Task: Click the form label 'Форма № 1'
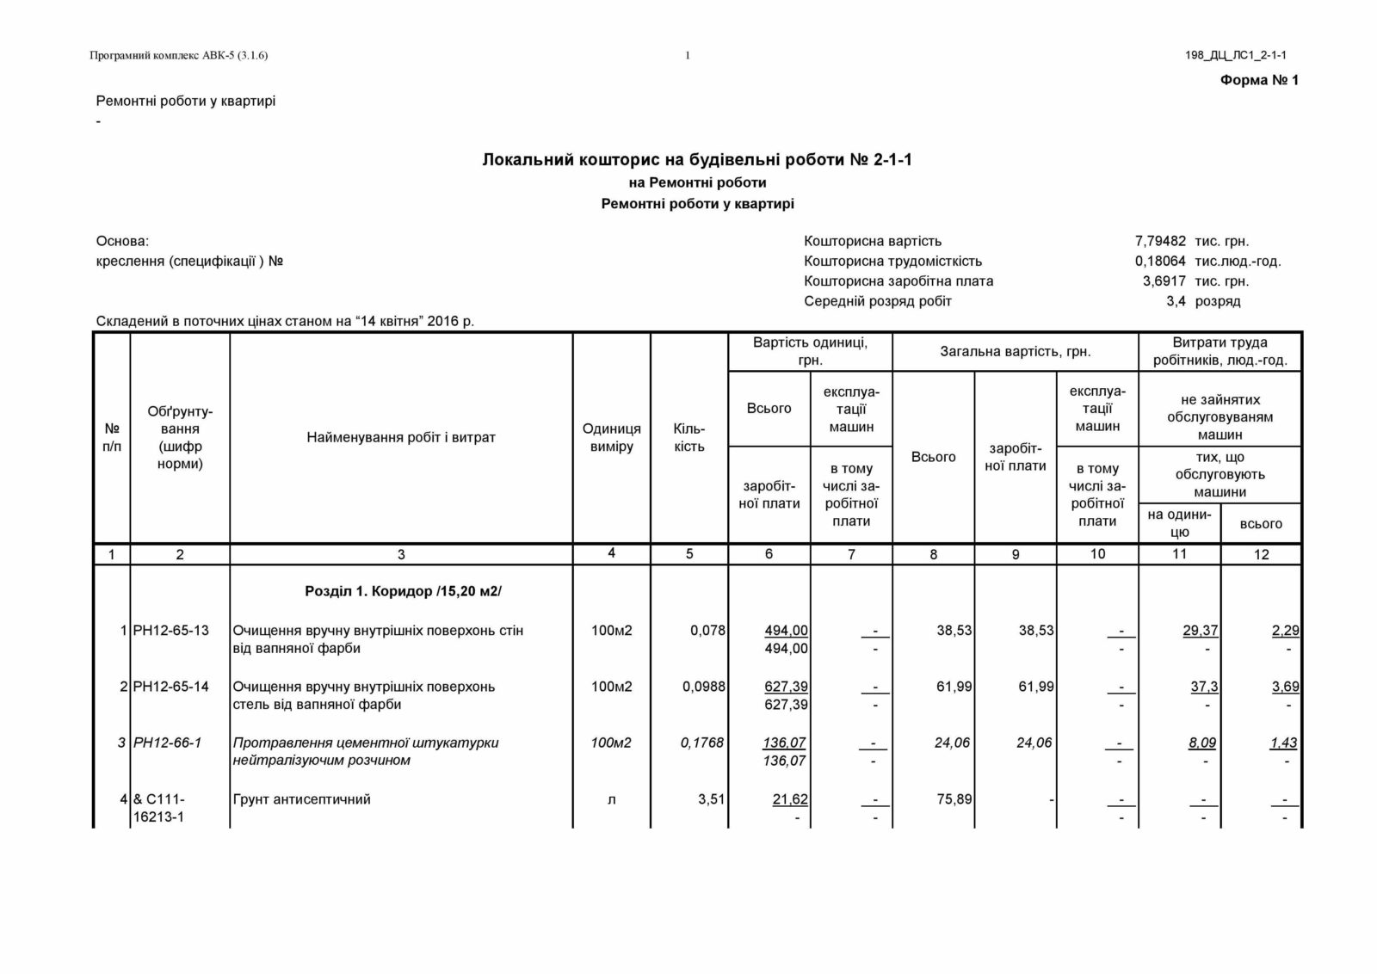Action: [x=1259, y=80]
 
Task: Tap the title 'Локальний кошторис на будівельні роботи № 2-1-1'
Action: [x=697, y=160]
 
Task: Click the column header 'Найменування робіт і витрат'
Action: [x=401, y=437]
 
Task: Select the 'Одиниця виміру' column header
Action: [x=611, y=437]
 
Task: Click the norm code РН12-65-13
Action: [x=171, y=631]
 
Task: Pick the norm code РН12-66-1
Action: [x=168, y=743]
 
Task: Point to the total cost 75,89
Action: [x=954, y=799]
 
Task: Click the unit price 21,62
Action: [x=790, y=799]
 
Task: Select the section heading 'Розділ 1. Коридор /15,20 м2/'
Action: [x=403, y=592]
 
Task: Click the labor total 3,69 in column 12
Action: [x=1285, y=687]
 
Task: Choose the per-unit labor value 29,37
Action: [x=1201, y=631]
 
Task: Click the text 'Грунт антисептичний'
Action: [x=302, y=799]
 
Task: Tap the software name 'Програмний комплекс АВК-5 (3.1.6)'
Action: [x=179, y=56]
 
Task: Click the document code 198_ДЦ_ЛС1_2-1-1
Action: [x=1235, y=56]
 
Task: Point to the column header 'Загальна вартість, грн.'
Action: [x=1016, y=351]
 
